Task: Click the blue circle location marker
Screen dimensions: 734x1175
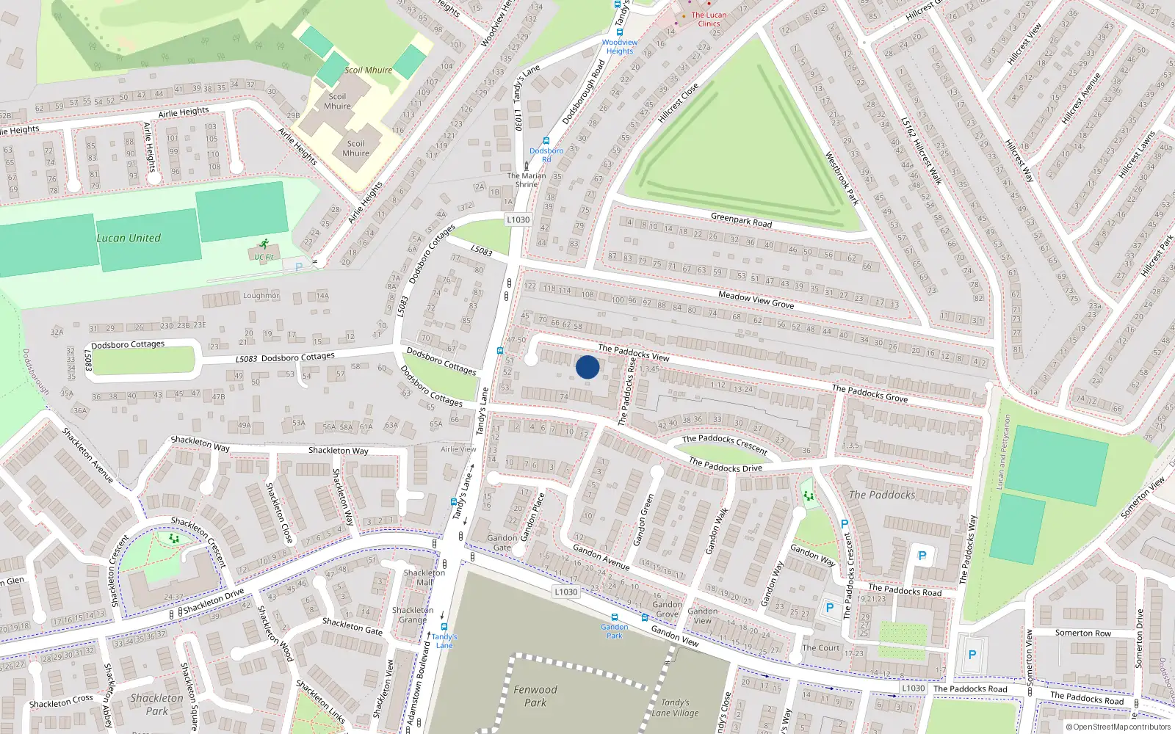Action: (x=587, y=367)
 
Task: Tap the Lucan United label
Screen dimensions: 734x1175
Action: (x=129, y=238)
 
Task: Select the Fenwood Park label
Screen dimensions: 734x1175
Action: (x=535, y=696)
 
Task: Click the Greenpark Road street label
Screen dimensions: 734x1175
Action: (x=741, y=219)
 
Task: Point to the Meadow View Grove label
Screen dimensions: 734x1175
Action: (x=756, y=299)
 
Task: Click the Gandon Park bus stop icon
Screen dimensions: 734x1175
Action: (x=615, y=617)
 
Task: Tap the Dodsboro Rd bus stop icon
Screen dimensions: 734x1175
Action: (x=546, y=141)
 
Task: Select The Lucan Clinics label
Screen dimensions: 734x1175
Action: (x=709, y=19)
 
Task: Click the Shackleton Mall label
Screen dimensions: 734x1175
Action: (x=424, y=577)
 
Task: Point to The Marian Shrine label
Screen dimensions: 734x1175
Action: (x=527, y=180)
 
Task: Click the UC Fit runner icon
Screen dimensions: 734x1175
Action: (x=264, y=245)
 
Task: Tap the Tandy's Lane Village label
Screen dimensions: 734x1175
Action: (x=675, y=708)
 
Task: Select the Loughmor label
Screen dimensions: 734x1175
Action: (x=261, y=296)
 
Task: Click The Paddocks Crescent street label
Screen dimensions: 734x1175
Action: (x=724, y=443)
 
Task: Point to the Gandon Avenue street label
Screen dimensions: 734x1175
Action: (x=601, y=556)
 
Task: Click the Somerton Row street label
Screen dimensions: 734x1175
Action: (x=1082, y=633)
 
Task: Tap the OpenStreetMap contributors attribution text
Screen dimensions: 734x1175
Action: (x=1118, y=727)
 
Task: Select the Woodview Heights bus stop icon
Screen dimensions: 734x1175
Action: (x=620, y=32)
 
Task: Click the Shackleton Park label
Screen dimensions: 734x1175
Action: (x=156, y=704)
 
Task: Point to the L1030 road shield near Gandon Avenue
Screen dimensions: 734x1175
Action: (x=565, y=592)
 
